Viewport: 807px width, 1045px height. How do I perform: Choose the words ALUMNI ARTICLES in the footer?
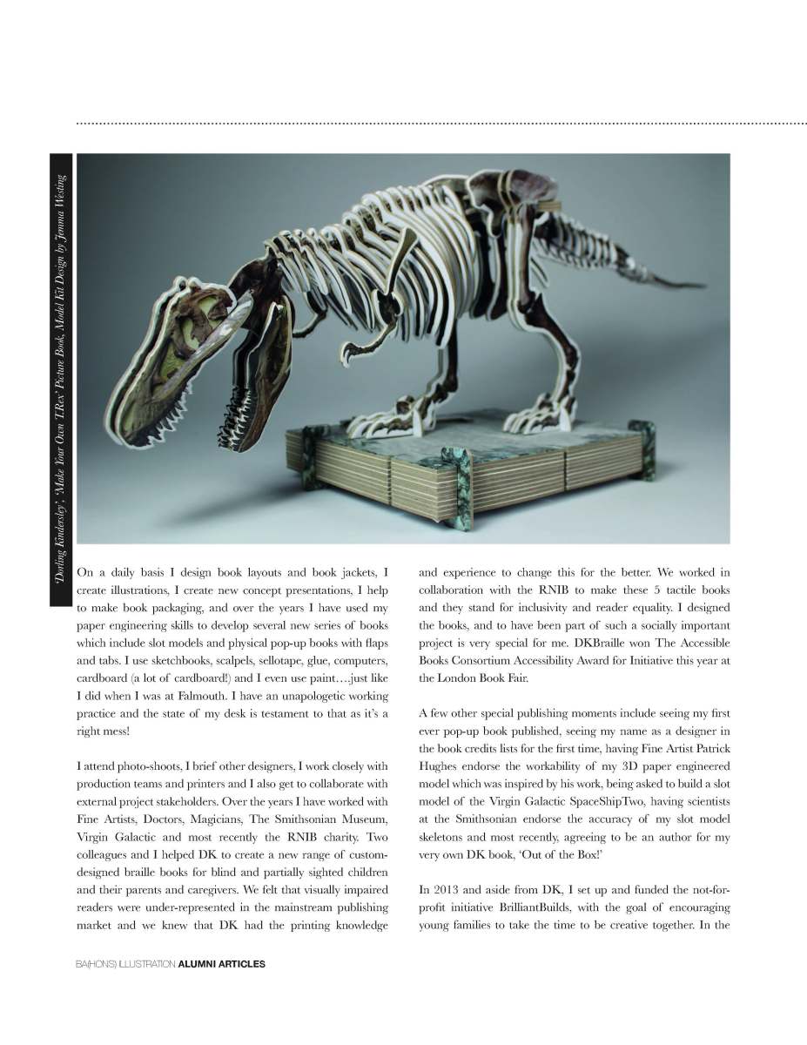[221, 964]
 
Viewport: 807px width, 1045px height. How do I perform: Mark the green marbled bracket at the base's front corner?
[457, 488]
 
